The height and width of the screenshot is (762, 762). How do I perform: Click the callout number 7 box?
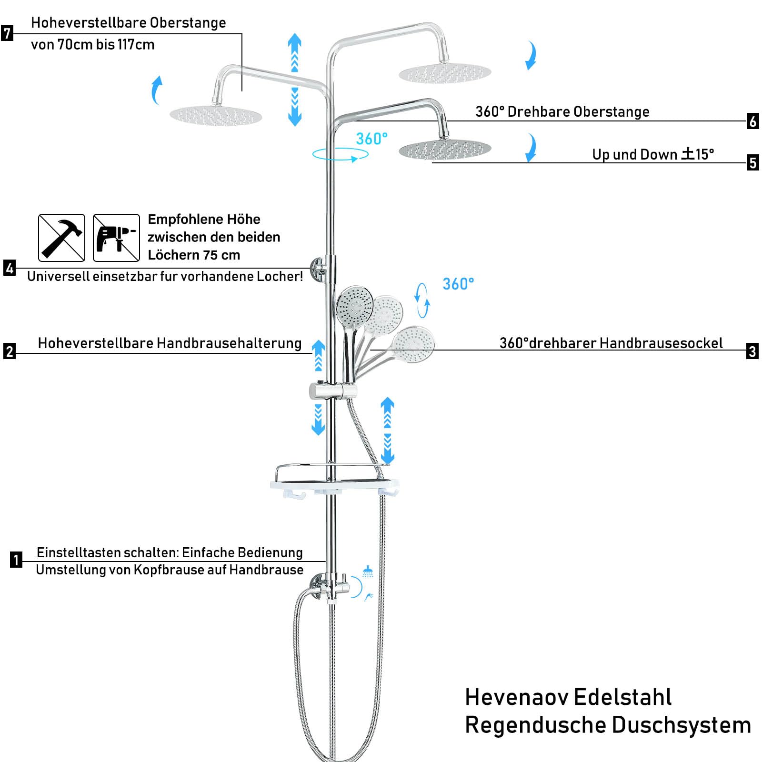pyautogui.click(x=7, y=33)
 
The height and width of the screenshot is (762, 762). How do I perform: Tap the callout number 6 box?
pyautogui.click(x=752, y=121)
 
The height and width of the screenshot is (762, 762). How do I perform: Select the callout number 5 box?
pyautogui.click(x=752, y=163)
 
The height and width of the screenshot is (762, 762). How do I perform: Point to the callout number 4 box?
pyautogui.click(x=10, y=268)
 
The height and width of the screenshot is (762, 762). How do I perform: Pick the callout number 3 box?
pyautogui.click(x=752, y=351)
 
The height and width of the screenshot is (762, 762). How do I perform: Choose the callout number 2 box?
pyautogui.click(x=10, y=351)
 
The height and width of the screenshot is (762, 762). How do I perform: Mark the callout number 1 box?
pyautogui.click(x=16, y=560)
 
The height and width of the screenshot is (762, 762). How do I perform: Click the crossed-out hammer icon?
pyautogui.click(x=61, y=238)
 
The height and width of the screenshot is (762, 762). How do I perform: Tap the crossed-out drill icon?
pyautogui.click(x=116, y=238)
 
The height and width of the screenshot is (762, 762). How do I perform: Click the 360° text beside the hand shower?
pyautogui.click(x=458, y=284)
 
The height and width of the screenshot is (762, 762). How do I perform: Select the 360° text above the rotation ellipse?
pyautogui.click(x=371, y=139)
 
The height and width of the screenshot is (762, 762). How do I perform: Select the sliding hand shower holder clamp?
pyautogui.click(x=332, y=391)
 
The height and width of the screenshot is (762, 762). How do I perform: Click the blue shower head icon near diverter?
pyautogui.click(x=368, y=571)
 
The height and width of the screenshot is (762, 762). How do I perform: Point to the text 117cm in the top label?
pyautogui.click(x=136, y=45)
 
